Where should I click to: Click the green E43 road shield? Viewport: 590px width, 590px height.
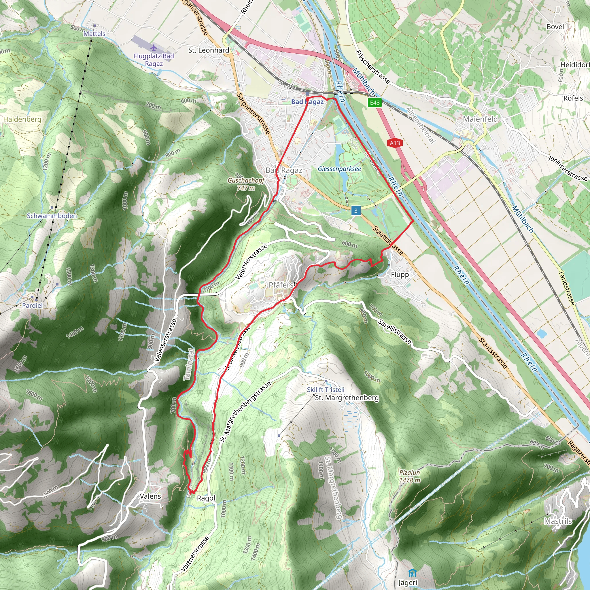click(x=375, y=103)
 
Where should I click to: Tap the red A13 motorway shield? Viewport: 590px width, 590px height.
click(x=395, y=143)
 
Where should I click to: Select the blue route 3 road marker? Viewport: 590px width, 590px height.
click(x=355, y=211)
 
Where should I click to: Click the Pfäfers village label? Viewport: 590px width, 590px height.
click(x=281, y=285)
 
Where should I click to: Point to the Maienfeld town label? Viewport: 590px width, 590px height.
click(x=480, y=119)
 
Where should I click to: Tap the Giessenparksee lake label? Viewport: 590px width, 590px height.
click(x=339, y=169)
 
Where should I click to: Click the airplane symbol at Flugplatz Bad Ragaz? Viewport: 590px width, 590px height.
click(x=154, y=48)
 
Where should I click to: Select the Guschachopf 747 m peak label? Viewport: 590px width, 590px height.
click(x=246, y=184)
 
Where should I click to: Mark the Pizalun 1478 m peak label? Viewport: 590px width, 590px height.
click(x=410, y=476)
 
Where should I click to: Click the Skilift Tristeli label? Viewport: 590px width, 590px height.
click(x=326, y=390)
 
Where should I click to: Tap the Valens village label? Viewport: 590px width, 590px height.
click(x=150, y=496)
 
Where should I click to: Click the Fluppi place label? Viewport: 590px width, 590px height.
click(x=401, y=275)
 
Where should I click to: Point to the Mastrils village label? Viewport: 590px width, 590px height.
click(x=558, y=521)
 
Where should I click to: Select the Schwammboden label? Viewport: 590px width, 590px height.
click(x=52, y=216)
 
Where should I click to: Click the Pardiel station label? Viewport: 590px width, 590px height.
click(x=32, y=305)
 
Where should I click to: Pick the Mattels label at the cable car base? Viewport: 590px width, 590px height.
click(x=94, y=34)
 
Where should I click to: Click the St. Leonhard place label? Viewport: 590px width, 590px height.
click(x=209, y=50)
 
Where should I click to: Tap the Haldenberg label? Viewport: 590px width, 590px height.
click(x=22, y=119)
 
